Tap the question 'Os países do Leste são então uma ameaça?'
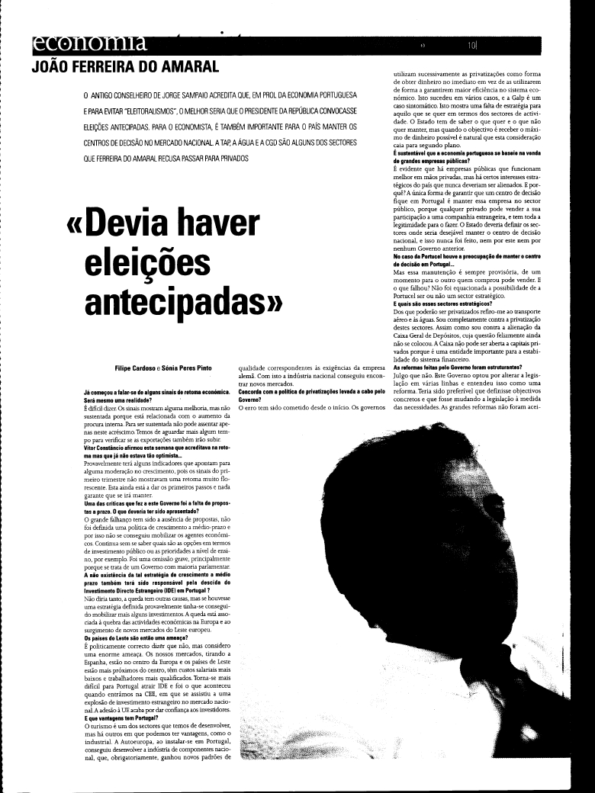click(137, 637)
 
